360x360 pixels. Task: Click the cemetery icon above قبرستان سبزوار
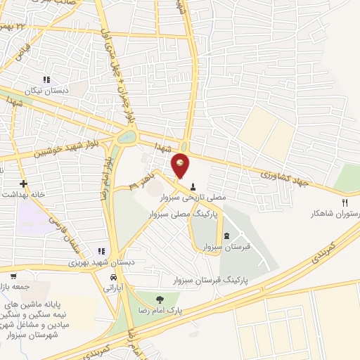[226, 236]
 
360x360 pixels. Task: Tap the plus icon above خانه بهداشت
[24, 183]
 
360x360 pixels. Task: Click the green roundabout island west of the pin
[127, 137]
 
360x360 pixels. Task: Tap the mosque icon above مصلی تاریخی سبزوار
[193, 186]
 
